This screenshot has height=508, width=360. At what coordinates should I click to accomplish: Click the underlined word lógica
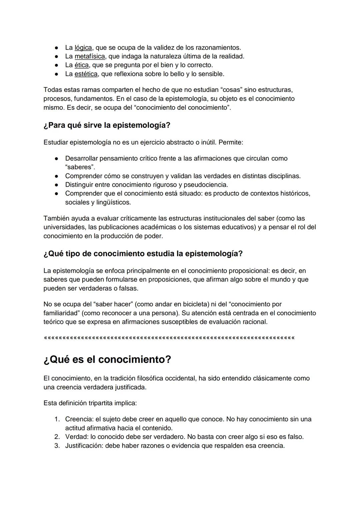(x=83, y=48)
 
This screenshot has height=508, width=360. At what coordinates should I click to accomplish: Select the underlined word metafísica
(x=89, y=56)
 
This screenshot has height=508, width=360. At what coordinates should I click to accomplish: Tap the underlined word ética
(x=81, y=65)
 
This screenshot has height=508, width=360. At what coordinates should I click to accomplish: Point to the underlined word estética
(x=86, y=74)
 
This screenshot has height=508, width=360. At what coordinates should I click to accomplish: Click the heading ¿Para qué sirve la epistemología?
(x=107, y=125)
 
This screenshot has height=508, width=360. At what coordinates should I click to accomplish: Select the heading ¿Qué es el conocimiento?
(x=107, y=360)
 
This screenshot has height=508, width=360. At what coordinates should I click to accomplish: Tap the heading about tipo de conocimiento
(x=143, y=254)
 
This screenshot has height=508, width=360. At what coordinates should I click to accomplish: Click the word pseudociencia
(x=206, y=185)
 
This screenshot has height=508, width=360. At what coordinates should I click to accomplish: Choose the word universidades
(x=63, y=227)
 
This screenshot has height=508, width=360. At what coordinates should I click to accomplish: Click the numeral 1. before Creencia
(x=57, y=419)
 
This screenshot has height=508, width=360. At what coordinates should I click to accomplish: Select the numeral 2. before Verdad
(x=57, y=437)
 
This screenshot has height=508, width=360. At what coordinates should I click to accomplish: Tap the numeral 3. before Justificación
(x=57, y=446)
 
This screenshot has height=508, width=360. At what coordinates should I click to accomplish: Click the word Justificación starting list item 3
(x=83, y=446)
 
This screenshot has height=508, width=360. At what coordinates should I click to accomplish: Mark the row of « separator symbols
(x=169, y=338)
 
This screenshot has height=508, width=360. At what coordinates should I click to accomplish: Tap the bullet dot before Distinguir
(x=57, y=185)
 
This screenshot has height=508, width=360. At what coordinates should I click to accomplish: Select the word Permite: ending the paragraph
(x=231, y=142)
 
